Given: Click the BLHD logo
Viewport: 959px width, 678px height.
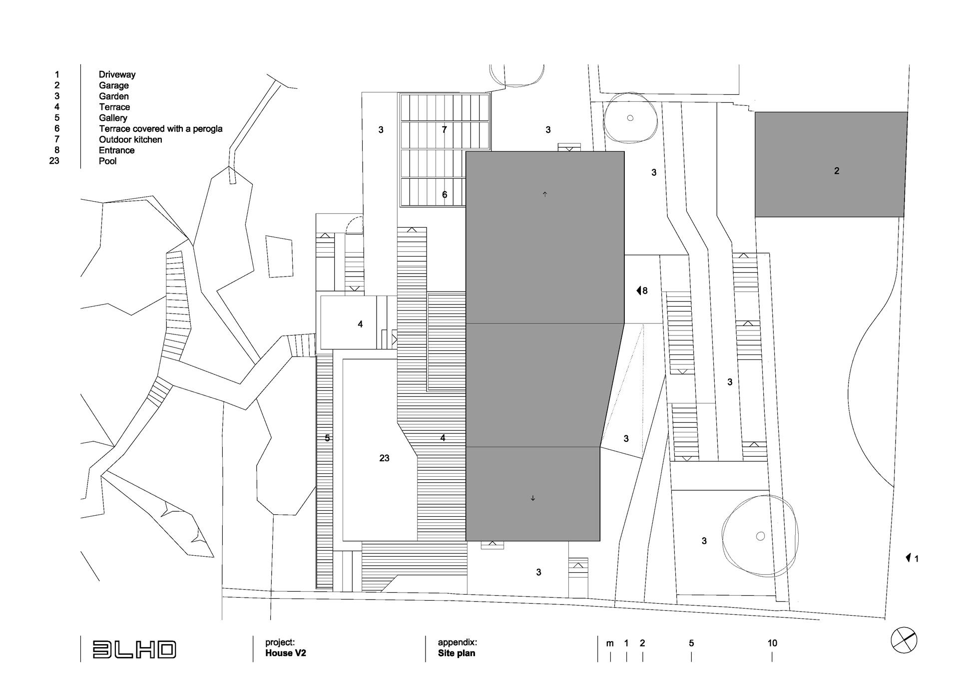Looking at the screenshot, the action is click(x=134, y=650).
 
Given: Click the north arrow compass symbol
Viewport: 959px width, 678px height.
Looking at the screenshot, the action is click(x=904, y=640).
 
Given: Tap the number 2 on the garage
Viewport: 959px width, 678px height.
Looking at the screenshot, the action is click(x=837, y=171).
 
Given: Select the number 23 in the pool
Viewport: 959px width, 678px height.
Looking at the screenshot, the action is click(x=384, y=458).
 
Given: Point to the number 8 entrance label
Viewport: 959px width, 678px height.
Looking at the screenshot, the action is click(x=645, y=291).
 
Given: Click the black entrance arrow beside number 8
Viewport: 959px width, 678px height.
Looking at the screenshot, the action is click(x=638, y=290).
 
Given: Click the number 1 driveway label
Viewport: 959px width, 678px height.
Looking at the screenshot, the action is click(x=917, y=559).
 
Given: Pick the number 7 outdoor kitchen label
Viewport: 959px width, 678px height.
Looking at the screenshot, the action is click(x=444, y=130).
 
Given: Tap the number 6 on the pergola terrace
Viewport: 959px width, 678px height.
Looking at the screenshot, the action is click(x=445, y=195).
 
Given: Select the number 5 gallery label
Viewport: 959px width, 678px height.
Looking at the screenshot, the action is click(x=327, y=438).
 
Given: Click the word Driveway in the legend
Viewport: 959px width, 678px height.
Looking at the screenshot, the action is click(x=117, y=74).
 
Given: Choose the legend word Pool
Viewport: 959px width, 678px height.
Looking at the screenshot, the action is click(x=107, y=161).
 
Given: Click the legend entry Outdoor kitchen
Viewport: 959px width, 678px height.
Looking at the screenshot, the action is click(x=130, y=139).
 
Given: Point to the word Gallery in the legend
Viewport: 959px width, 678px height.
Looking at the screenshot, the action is click(x=113, y=118).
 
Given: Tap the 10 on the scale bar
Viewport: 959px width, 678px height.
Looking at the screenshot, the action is click(x=772, y=643).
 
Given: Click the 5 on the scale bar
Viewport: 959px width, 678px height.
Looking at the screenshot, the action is click(x=691, y=643).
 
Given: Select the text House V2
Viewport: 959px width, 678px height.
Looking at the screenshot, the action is click(x=286, y=653).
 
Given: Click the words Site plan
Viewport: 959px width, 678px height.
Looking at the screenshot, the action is click(x=457, y=653).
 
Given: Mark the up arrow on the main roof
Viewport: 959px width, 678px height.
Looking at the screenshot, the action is click(x=545, y=194).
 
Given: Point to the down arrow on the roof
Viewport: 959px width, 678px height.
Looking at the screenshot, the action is click(x=533, y=498).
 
